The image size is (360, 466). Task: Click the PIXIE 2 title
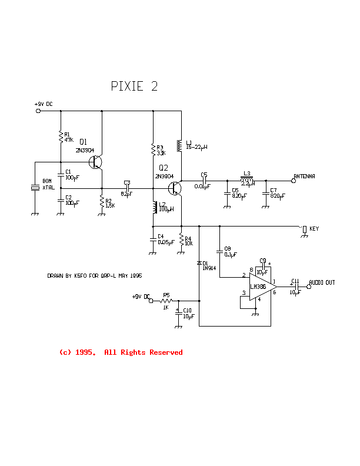tap(134, 86)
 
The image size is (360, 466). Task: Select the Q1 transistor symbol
tap(96, 162)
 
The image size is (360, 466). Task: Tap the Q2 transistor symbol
tap(175, 188)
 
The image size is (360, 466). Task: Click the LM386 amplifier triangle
tap(259, 287)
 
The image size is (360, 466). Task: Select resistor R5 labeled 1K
tap(166, 301)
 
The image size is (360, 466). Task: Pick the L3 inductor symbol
tap(246, 179)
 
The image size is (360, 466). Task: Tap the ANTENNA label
tap(304, 176)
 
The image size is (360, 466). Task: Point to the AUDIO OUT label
tap(322, 282)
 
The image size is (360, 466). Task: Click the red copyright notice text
tap(121, 352)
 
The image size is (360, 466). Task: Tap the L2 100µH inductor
tap(154, 207)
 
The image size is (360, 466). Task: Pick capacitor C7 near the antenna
tap(265, 192)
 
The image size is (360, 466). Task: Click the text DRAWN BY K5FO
tap(95, 275)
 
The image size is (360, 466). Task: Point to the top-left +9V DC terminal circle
tap(39, 110)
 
